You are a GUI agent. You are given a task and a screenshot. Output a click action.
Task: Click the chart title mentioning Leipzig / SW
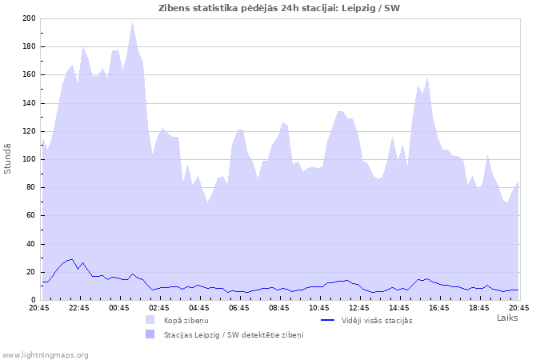click(x=279, y=8)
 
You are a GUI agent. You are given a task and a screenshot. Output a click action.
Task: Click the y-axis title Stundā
click(x=8, y=158)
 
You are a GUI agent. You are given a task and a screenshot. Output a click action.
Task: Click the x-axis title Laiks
click(x=507, y=318)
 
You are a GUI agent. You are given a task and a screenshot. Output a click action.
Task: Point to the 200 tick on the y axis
click(x=29, y=18)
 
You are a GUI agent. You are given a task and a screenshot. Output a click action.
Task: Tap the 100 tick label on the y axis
click(x=29, y=159)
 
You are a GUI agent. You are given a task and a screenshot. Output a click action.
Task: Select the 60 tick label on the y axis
click(x=31, y=215)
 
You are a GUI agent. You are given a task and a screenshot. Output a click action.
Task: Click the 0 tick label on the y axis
click(x=34, y=300)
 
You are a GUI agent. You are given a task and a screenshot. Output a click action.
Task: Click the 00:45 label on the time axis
click(x=119, y=307)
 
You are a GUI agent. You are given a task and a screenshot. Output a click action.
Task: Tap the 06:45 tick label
click(x=239, y=307)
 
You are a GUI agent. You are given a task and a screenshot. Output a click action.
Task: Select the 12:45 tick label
click(x=359, y=307)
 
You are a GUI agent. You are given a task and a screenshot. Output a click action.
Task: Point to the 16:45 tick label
click(x=439, y=307)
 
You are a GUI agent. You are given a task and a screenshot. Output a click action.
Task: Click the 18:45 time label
click(x=479, y=307)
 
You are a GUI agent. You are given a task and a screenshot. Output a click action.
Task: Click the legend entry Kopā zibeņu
click(x=186, y=320)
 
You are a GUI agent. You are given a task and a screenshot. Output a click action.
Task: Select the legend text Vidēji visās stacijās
click(x=377, y=320)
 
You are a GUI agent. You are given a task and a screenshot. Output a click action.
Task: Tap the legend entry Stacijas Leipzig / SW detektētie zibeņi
click(x=234, y=334)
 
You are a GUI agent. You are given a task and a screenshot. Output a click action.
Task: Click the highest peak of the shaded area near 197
click(x=133, y=22)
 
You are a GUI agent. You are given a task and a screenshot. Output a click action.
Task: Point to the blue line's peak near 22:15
click(x=72, y=259)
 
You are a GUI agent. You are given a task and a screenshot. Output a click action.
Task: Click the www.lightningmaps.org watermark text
click(x=45, y=354)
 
